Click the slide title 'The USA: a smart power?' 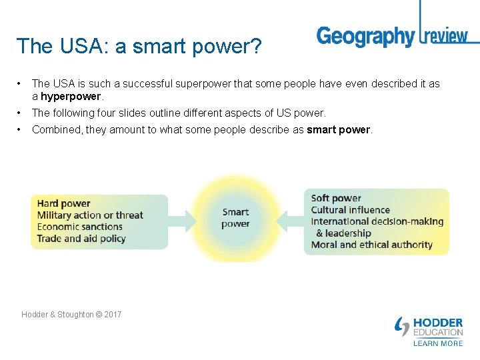pyautogui.click(x=139, y=46)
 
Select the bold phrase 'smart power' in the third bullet pyautogui.click(x=338, y=129)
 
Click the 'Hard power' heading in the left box pyautogui.click(x=63, y=203)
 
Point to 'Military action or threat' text pyautogui.click(x=90, y=215)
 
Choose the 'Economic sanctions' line pyautogui.click(x=79, y=227)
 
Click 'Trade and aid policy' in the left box pyautogui.click(x=81, y=238)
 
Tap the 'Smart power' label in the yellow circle pyautogui.click(x=235, y=218)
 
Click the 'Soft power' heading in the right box pyautogui.click(x=336, y=198)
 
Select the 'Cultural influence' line pyautogui.click(x=350, y=210)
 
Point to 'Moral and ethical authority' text pyautogui.click(x=371, y=245)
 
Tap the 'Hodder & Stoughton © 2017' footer pyautogui.click(x=71, y=314)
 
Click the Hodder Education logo pyautogui.click(x=429, y=327)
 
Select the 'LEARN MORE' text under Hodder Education pyautogui.click(x=437, y=343)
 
